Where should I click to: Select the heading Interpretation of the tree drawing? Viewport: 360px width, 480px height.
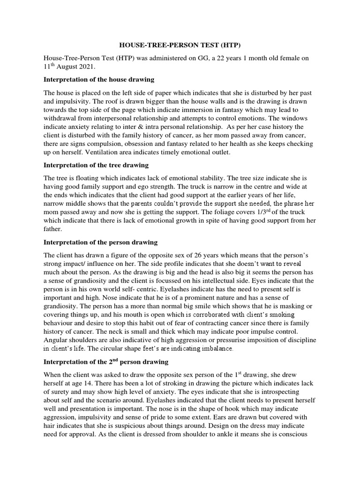[96, 165]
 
